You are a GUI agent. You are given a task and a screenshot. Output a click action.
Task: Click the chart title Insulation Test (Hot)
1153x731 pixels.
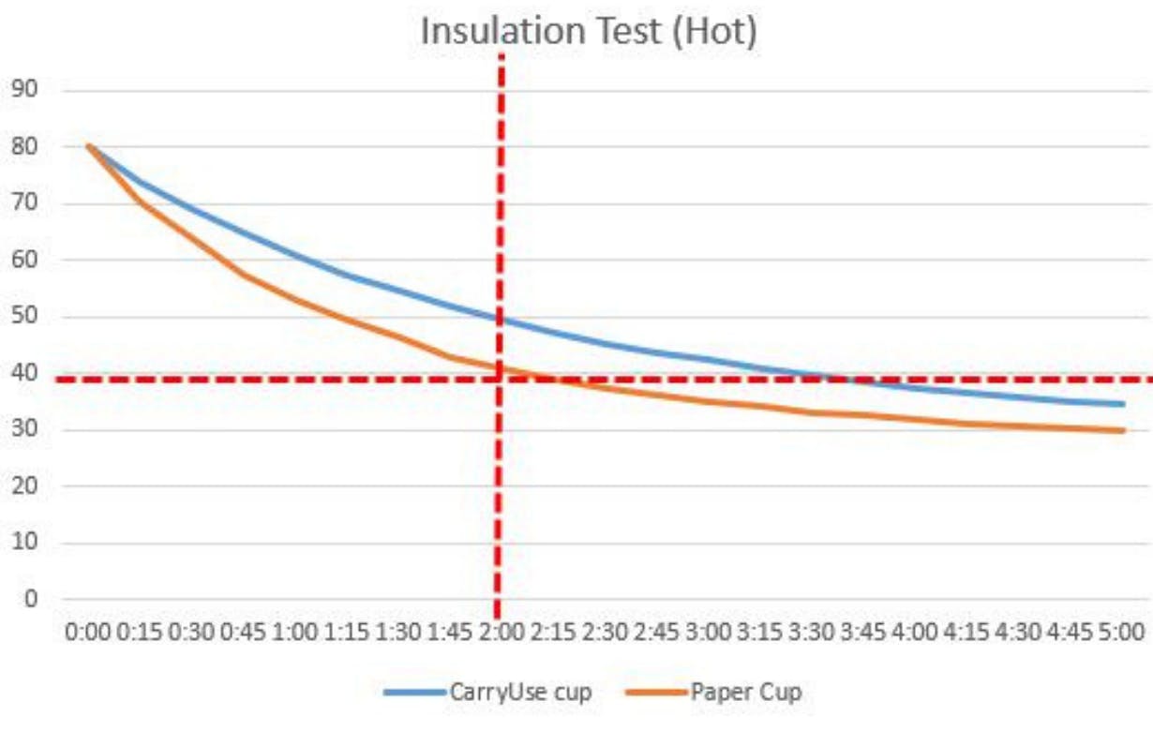coord(588,30)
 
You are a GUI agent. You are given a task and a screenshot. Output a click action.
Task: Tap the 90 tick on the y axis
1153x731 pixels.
coord(24,90)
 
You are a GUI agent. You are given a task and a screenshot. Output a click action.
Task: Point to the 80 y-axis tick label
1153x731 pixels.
coord(24,147)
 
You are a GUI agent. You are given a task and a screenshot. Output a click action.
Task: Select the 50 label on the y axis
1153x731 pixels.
coord(24,317)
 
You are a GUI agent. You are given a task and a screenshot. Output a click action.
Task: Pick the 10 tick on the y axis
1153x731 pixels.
coord(24,543)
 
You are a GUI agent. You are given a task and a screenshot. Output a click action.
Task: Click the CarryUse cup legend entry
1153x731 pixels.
coord(487,693)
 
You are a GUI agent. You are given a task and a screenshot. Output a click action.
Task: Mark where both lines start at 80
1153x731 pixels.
coord(89,145)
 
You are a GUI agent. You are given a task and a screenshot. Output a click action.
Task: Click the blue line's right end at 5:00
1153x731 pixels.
coord(1122,404)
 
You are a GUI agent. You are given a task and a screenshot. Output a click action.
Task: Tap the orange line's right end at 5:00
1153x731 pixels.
coord(1122,431)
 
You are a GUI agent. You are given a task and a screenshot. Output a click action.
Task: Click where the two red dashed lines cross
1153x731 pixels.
coord(499,380)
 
